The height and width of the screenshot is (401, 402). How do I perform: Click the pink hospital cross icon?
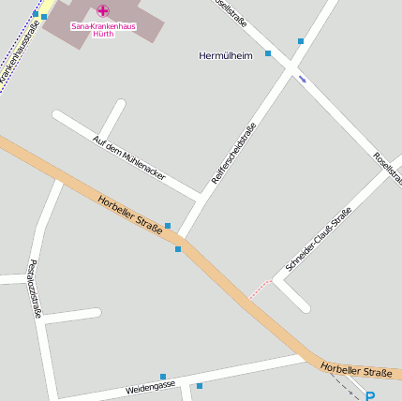[102, 10]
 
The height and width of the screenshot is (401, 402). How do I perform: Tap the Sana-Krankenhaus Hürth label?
[103, 30]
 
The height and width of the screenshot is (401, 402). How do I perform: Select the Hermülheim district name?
[226, 56]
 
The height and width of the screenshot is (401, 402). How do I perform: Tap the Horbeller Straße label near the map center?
[129, 213]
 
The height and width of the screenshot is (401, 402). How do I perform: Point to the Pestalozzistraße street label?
[35, 288]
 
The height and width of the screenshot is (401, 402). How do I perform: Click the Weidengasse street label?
[150, 386]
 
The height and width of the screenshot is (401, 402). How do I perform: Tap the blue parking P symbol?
[370, 396]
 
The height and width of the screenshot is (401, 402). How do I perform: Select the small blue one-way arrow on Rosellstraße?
[302, 79]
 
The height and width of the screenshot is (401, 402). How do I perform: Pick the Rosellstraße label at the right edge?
[386, 167]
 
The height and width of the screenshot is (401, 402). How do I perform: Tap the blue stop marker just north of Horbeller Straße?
[168, 226]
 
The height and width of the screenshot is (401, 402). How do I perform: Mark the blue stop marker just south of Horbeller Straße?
[178, 248]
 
